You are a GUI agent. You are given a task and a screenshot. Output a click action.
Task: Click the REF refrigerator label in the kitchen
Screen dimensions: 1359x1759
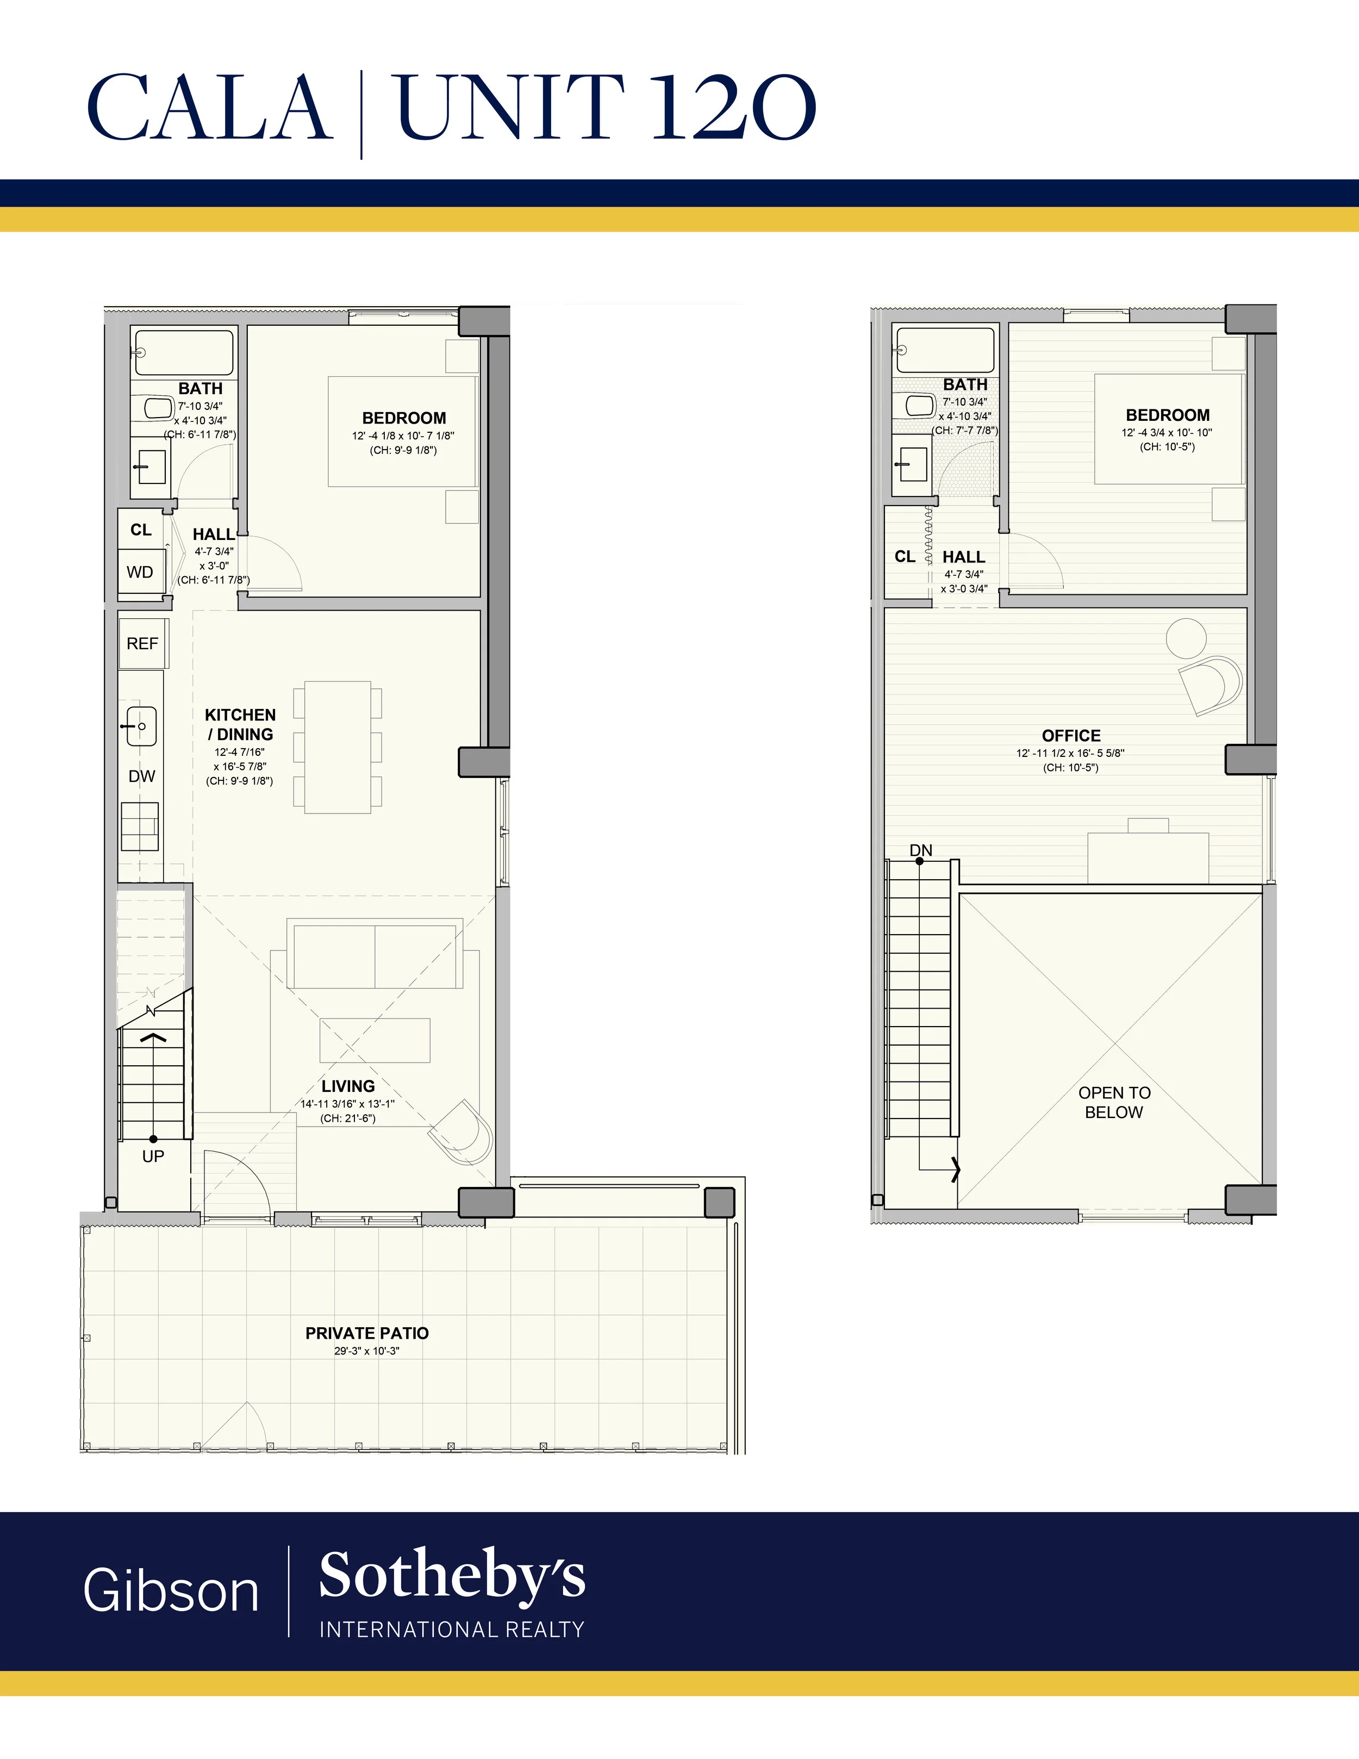point(142,644)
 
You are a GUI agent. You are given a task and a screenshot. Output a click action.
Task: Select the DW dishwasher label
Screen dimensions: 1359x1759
point(142,776)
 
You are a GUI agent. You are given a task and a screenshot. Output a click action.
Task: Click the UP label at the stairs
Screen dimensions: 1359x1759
point(153,1156)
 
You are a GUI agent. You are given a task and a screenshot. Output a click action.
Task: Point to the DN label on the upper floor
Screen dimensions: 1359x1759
point(921,850)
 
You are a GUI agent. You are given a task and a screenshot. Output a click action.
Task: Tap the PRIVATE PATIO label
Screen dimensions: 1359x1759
point(367,1333)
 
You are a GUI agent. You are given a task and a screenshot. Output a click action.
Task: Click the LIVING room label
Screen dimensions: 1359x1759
point(348,1086)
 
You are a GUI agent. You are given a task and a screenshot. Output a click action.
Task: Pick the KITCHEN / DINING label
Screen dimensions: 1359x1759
point(240,724)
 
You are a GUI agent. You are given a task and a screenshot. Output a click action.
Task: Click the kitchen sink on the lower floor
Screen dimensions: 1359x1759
point(140,726)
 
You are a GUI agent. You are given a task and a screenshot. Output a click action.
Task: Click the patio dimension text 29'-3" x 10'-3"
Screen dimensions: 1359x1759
point(367,1351)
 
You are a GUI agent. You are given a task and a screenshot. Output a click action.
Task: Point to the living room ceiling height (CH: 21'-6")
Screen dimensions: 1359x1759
point(348,1118)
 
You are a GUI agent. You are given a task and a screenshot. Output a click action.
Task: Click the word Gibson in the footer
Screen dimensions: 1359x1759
point(171,1590)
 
